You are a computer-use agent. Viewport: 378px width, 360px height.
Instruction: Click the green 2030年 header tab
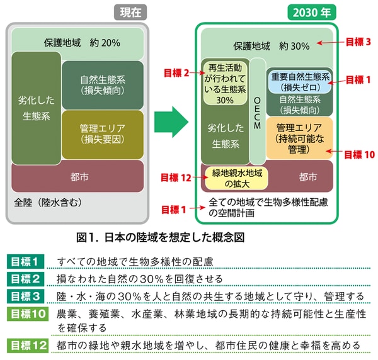(311, 12)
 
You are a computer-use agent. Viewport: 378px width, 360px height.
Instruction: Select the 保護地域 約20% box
(83, 43)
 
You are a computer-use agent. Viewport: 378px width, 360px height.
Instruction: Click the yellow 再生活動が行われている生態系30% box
(224, 82)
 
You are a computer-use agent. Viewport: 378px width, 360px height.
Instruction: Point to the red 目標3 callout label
(358, 42)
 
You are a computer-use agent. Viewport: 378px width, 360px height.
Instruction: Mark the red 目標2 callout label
(177, 73)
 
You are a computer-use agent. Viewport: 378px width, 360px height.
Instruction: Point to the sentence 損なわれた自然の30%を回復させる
(139, 278)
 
